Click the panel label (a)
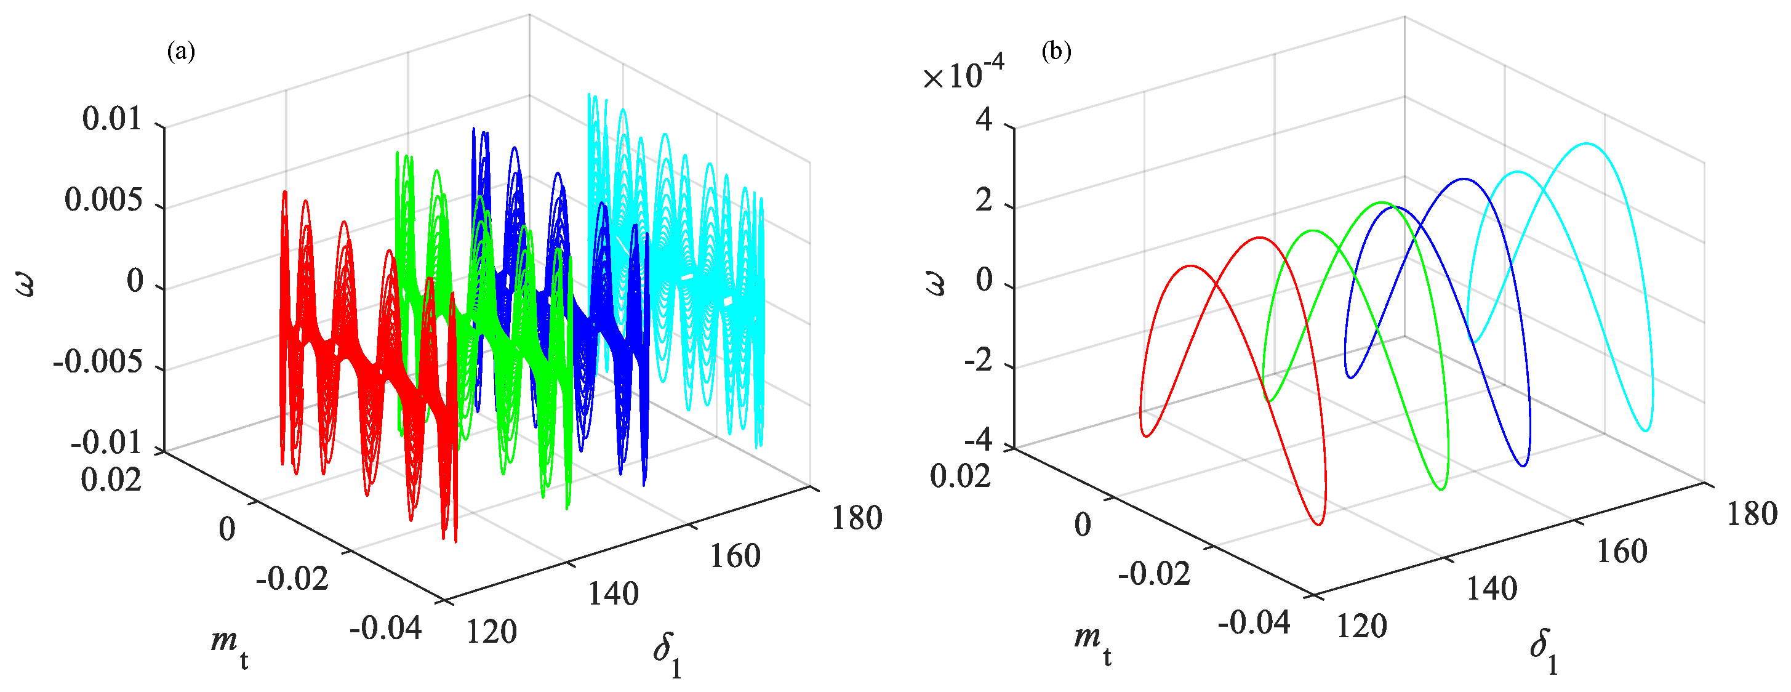pos(181,52)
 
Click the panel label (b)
pos(1056,52)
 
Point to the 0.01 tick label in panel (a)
pos(112,119)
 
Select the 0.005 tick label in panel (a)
pos(103,200)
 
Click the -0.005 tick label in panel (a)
pos(98,363)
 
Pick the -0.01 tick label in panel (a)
pos(106,443)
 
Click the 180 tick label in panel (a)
pos(857,518)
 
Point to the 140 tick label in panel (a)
pos(613,594)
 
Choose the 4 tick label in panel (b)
pos(984,119)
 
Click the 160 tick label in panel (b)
pos(1622,552)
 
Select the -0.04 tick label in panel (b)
pos(1254,622)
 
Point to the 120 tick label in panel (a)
pos(492,632)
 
